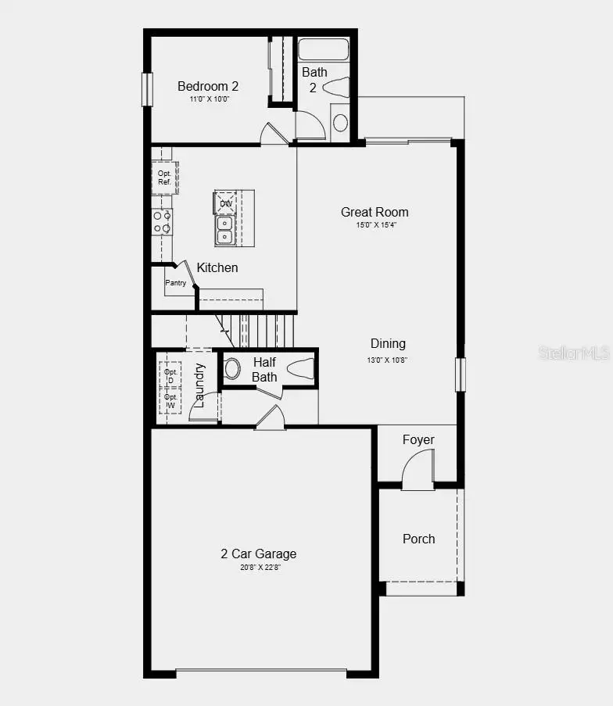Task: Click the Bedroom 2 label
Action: pos(207,86)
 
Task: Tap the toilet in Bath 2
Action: pos(335,88)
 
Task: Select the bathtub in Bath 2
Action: pos(323,49)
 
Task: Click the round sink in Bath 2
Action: pos(340,123)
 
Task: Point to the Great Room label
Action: pos(375,212)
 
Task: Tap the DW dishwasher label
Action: pos(225,203)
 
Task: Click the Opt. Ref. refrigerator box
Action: pos(165,177)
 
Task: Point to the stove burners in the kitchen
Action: pos(162,222)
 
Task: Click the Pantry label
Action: pos(176,282)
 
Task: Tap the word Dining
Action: pos(388,343)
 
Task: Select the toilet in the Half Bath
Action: pos(302,368)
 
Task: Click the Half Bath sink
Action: pos(232,368)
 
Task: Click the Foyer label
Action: pos(418,439)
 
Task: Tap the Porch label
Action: pos(418,539)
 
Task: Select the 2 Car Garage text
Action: pos(258,554)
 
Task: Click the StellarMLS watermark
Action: pos(573,353)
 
